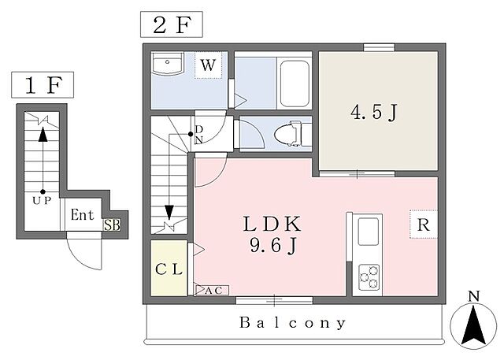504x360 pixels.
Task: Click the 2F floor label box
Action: pyautogui.click(x=172, y=24)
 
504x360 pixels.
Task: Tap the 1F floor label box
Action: pyautogui.click(x=43, y=85)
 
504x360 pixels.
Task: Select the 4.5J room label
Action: pyautogui.click(x=374, y=113)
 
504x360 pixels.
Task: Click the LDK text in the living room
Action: pyautogui.click(x=272, y=224)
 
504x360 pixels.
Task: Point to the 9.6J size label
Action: pyautogui.click(x=273, y=247)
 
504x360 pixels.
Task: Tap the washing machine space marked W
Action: pyautogui.click(x=208, y=65)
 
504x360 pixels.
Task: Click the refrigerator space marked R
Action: pyautogui.click(x=424, y=225)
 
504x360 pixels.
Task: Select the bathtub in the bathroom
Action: pyautogui.click(x=295, y=84)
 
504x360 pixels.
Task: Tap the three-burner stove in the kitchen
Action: pyautogui.click(x=369, y=277)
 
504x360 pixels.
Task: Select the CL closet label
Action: pyautogui.click(x=169, y=269)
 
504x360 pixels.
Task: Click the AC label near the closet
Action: pyautogui.click(x=213, y=290)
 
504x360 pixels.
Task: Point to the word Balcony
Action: pyautogui.click(x=293, y=322)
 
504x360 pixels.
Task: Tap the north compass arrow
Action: pyautogui.click(x=473, y=325)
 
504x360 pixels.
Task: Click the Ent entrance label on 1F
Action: pyautogui.click(x=82, y=215)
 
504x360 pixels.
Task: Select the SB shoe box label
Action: pyautogui.click(x=112, y=225)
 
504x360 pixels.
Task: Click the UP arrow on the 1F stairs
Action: pyautogui.click(x=43, y=160)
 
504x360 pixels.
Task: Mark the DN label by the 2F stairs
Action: pyautogui.click(x=199, y=135)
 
